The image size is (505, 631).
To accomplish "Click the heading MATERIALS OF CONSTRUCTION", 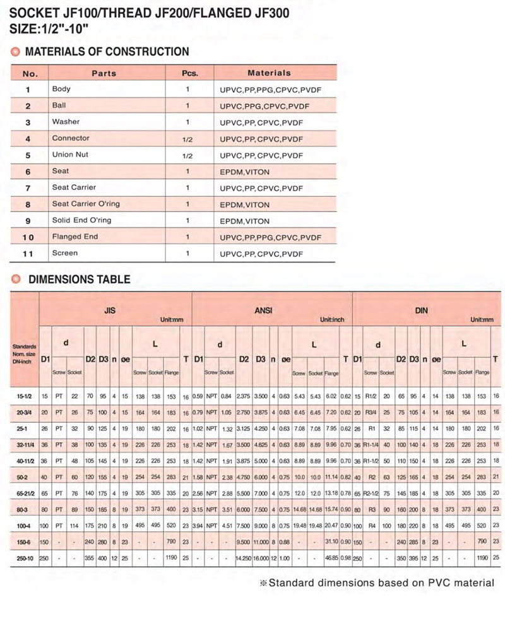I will tap(106, 52).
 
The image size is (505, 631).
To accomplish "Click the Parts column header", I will tap(104, 73).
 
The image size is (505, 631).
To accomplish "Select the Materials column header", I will tap(269, 73).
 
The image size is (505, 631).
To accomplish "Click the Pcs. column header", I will tap(190, 73).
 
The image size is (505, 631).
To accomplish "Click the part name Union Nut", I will tap(69, 155).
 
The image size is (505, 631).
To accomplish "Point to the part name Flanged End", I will tap(75, 237).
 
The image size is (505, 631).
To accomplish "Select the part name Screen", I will tap(65, 253).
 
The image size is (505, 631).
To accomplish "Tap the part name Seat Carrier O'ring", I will tap(86, 204).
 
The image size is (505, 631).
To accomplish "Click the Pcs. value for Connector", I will tap(187, 139).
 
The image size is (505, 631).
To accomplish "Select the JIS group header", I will tap(109, 311).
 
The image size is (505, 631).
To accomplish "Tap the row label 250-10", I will tap(25, 557).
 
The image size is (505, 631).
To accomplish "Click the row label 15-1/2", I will tap(25, 396).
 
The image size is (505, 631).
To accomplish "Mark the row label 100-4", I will tap(25, 525).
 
